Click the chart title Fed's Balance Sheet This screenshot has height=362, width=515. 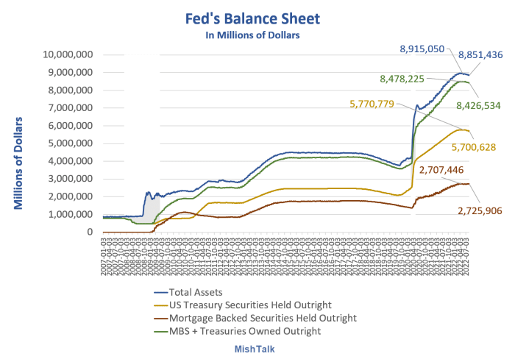[257, 15]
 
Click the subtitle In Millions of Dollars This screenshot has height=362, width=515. [257, 33]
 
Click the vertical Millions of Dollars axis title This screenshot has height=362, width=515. [20, 163]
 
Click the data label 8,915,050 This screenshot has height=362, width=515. [422, 49]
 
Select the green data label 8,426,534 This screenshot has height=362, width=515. [478, 105]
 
